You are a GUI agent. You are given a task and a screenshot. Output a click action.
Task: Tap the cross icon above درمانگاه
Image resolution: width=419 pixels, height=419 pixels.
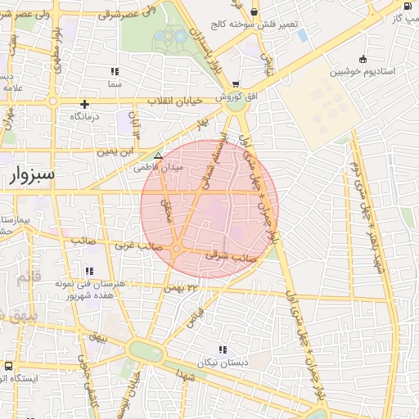pyautogui.click(x=84, y=104)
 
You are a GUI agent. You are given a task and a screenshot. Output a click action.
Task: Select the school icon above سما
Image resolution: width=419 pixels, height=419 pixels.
pyautogui.click(x=114, y=71)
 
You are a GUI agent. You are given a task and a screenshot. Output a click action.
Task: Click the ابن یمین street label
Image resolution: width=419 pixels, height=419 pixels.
pyautogui.click(x=115, y=151)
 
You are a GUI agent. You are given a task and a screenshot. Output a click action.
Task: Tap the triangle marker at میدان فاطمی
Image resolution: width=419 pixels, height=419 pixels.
pyautogui.click(x=158, y=155)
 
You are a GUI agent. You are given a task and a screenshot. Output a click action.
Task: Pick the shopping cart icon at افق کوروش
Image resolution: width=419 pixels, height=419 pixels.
pyautogui.click(x=236, y=84)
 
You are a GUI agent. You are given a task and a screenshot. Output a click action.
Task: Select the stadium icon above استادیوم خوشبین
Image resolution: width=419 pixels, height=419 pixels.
pyautogui.click(x=363, y=59)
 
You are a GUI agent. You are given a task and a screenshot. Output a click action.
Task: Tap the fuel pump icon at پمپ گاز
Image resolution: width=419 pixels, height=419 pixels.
pyautogui.click(x=408, y=5)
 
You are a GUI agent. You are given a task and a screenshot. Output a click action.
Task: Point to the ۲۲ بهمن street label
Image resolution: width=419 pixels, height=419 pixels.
pyautogui.click(x=182, y=287)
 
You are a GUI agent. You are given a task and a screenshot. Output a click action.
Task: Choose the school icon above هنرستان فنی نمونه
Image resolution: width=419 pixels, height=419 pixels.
pyautogui.click(x=88, y=271)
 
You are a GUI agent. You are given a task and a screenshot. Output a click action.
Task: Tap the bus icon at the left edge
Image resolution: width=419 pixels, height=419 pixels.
pyautogui.click(x=7, y=366)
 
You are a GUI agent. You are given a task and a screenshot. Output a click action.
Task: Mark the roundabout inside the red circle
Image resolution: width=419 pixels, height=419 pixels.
pyautogui.click(x=176, y=248)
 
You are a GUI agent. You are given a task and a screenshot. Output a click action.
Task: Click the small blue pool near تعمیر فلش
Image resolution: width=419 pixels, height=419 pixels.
pyautogui.click(x=303, y=36)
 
